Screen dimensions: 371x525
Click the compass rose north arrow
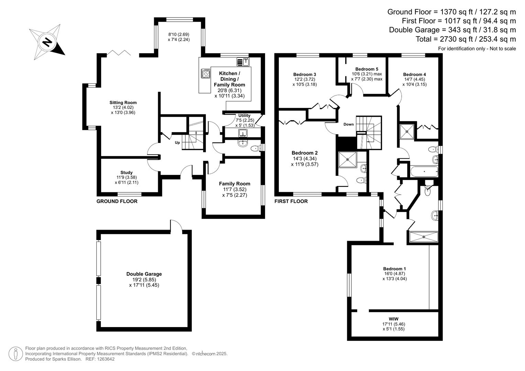(x=47, y=42)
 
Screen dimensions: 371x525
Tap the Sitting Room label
(x=123, y=102)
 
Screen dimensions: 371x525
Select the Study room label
(x=126, y=172)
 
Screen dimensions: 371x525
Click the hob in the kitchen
(x=206, y=74)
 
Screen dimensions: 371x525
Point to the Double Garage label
(x=144, y=274)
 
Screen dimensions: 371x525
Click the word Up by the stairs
(x=177, y=143)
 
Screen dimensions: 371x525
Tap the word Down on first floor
(x=348, y=124)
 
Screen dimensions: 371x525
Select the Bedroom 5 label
(x=367, y=69)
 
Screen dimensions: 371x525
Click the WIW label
(x=393, y=319)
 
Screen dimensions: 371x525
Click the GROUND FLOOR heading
(x=117, y=201)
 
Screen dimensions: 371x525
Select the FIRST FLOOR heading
(x=291, y=201)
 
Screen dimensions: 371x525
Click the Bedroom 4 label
(x=414, y=75)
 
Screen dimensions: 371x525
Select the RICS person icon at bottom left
(x=15, y=354)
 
